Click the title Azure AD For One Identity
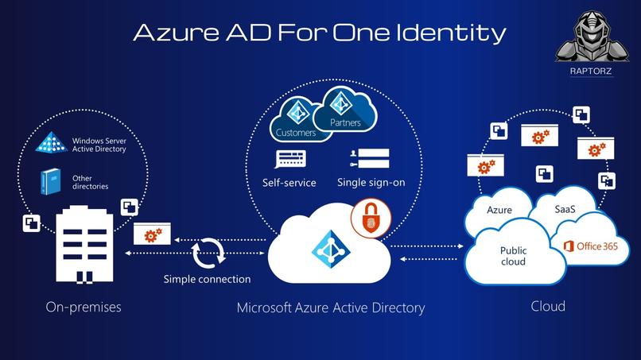[319, 32]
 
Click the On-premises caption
[84, 307]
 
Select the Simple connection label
[207, 279]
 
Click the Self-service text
[289, 183]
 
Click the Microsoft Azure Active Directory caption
[331, 308]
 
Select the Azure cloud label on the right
[499, 210]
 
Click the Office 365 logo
[589, 246]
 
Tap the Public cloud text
[513, 256]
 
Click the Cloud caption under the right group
[548, 306]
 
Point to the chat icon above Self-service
[288, 159]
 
